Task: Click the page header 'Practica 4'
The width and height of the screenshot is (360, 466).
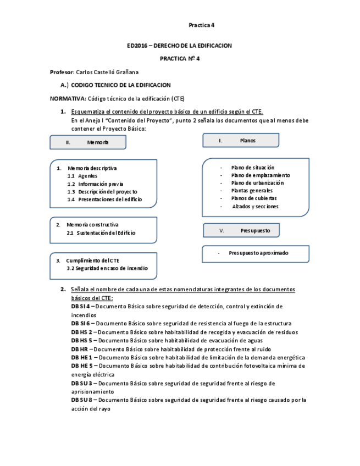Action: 201,25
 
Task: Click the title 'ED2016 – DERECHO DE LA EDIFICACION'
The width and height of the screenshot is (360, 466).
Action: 179,46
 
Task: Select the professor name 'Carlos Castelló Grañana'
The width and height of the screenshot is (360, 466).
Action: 107,72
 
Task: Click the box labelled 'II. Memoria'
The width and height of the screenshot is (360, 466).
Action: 88,142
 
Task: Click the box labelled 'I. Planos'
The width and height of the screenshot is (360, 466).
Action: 240,141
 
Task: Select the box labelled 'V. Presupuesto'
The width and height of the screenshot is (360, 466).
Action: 241,231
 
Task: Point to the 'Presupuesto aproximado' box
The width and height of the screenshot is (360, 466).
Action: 258,253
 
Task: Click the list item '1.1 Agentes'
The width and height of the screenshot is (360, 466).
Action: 82,176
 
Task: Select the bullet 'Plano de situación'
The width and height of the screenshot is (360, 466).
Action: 253,168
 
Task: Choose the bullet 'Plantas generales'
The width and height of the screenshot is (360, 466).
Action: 252,191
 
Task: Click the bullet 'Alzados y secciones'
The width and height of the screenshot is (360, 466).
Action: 255,207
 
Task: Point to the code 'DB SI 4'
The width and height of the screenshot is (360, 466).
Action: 80,306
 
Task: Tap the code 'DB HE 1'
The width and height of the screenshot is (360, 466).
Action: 81,357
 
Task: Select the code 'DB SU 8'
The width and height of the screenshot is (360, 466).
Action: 80,400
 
